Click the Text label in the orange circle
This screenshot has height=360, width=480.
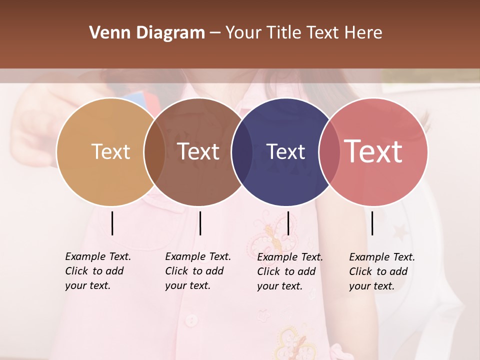[x=110, y=151]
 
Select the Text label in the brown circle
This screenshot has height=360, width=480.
[x=198, y=151]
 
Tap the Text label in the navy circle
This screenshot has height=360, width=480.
[x=285, y=151]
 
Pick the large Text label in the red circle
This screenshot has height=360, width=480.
[x=373, y=151]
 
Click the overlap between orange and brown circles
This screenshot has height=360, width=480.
[x=154, y=152]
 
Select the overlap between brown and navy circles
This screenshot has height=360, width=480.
[x=242, y=152]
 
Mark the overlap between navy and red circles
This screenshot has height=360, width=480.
[x=329, y=152]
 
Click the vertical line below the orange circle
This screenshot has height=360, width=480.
[x=112, y=223]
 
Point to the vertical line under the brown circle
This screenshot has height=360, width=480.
[x=200, y=223]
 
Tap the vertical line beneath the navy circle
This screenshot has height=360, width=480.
[x=288, y=223]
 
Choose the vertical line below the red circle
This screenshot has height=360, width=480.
[x=372, y=223]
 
